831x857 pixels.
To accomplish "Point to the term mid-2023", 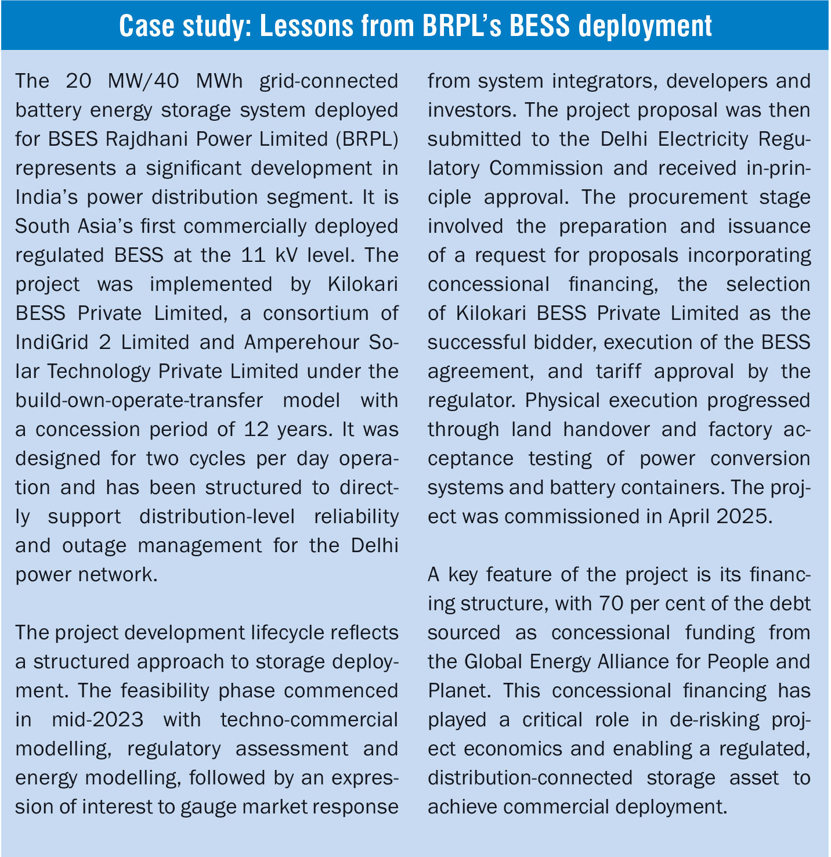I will (x=97, y=720).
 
